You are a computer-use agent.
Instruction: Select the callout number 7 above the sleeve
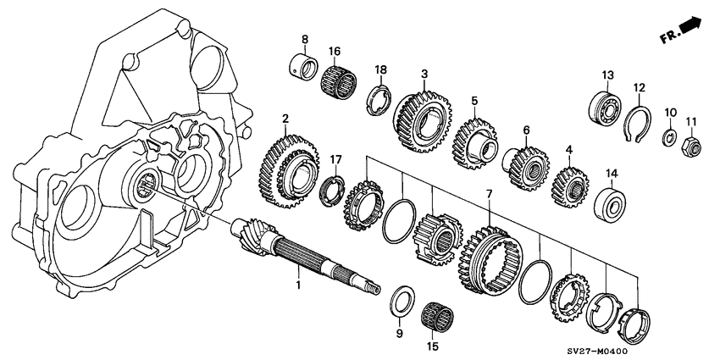pyautogui.click(x=488, y=194)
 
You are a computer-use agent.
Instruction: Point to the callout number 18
pyautogui.click(x=381, y=69)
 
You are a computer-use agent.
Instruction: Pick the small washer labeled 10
pyautogui.click(x=669, y=137)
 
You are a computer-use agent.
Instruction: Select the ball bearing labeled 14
pyautogui.click(x=609, y=204)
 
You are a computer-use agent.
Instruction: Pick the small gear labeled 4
pyautogui.click(x=569, y=183)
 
